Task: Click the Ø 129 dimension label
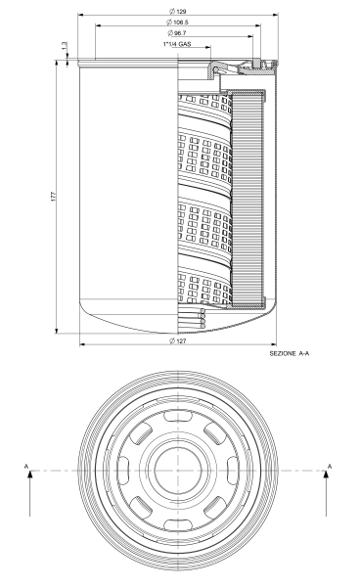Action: point(178,11)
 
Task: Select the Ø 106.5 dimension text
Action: point(178,23)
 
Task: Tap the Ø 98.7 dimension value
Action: point(178,33)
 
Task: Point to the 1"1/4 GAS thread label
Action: point(177,44)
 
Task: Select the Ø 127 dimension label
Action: point(178,340)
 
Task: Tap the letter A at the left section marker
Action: point(26,467)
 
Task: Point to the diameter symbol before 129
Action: point(171,11)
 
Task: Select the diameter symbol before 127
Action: point(171,340)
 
